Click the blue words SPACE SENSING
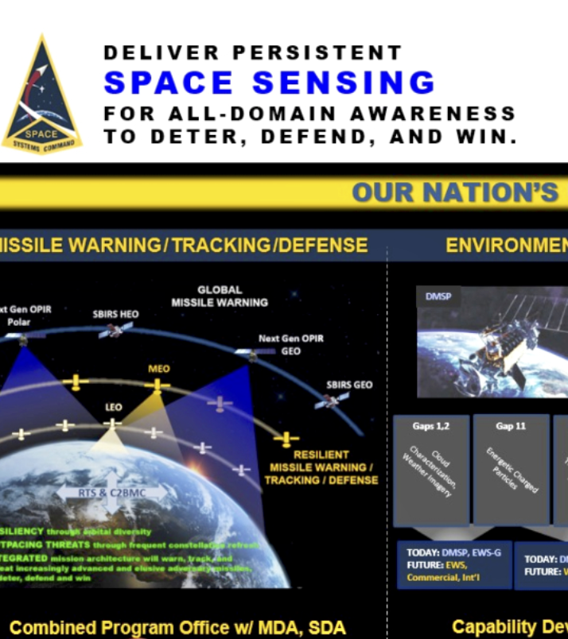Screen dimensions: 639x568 coord(270,83)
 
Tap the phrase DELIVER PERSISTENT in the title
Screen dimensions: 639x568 coord(252,53)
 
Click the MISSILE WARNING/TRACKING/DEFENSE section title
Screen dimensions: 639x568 coord(183,246)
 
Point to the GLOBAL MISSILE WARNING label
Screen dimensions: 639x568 coord(220,296)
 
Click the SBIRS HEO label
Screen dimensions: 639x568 coord(115,314)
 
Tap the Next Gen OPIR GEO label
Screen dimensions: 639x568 coord(290,344)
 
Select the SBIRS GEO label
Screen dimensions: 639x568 coord(349,385)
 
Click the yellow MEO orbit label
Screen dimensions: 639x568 coord(158,369)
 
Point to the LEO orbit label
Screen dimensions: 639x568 coord(114,407)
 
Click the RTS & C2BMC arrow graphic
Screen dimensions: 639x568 coord(111,493)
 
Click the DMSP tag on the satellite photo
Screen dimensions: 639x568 coord(438,296)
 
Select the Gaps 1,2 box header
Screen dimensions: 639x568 coord(430,426)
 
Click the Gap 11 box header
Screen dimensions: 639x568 coord(510,426)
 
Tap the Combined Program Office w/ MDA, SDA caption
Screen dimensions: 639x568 coord(177,628)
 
